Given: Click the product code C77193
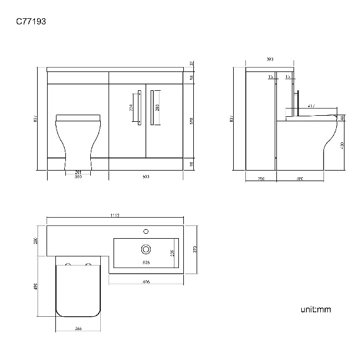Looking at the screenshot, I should click(30, 22).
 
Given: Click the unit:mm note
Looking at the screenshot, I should click(316, 309).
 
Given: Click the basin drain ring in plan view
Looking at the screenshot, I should click(146, 249).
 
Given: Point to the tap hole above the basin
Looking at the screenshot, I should click(146, 230).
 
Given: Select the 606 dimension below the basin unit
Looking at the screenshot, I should click(146, 281).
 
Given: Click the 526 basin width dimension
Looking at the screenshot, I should click(146, 262).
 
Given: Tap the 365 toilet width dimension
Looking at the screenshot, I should click(78, 328).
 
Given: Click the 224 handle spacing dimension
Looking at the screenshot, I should click(131, 107).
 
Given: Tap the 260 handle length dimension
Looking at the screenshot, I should click(157, 107).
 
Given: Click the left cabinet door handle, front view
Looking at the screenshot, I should click(140, 107).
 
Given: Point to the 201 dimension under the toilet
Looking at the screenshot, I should click(78, 172).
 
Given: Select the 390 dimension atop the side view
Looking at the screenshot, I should click(270, 59).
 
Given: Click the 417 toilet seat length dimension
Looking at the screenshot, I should click(312, 106).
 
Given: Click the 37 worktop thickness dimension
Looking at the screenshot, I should click(192, 64).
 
